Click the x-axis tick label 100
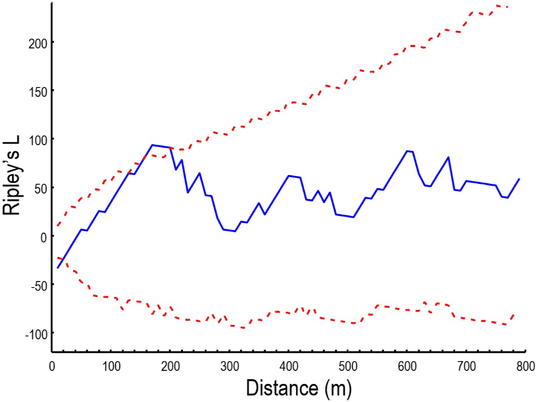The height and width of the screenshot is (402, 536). [111, 366]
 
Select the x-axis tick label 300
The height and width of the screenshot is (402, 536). [230, 366]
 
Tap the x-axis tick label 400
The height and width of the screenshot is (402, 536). [289, 366]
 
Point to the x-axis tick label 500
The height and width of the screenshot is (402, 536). [348, 366]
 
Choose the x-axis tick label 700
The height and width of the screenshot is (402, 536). [466, 366]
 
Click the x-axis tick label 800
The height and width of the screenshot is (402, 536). [525, 366]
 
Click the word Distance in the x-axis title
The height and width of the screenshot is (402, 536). [282, 388]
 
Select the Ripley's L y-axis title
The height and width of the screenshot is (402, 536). [12, 175]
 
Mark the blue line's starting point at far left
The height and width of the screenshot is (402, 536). [58, 268]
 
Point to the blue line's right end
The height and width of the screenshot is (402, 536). [519, 179]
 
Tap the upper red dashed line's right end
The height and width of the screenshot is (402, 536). [508, 7]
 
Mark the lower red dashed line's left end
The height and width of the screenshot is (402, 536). [57, 258]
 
